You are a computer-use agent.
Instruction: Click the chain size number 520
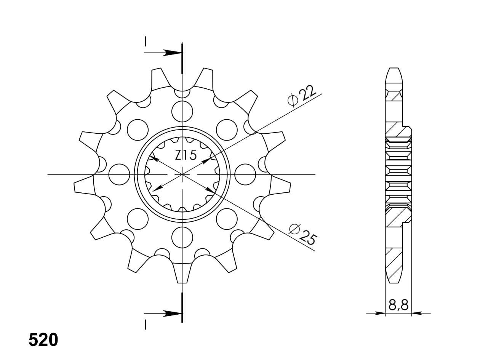[43, 340]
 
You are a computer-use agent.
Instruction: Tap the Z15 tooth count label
[186, 155]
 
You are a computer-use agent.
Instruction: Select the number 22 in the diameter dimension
[308, 93]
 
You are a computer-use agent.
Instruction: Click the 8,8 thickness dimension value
[398, 305]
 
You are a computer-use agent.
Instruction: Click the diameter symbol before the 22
[293, 100]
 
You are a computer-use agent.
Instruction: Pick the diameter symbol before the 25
[294, 229]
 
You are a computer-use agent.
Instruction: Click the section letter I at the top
[145, 41]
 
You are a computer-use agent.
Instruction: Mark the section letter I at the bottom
[145, 325]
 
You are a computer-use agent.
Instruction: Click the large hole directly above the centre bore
[182, 111]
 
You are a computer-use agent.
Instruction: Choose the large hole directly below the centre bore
[182, 237]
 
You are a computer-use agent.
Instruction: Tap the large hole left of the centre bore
[119, 174]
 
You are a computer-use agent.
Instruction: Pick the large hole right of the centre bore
[245, 174]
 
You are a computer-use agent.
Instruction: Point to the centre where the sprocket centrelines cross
[182, 174]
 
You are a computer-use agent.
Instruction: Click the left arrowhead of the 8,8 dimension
[380, 313]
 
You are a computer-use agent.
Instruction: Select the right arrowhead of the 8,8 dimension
[416, 313]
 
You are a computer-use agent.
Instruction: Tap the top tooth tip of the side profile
[394, 70]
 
